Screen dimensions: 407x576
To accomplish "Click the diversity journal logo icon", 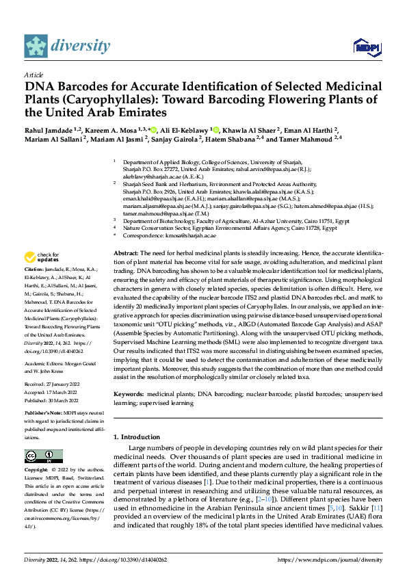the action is click(36, 46).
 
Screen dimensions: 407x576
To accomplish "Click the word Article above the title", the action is click(34, 75).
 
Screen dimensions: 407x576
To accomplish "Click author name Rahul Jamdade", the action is click(49, 129).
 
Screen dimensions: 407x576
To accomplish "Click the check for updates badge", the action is click(42, 257).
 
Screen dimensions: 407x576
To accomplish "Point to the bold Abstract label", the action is click(125, 252).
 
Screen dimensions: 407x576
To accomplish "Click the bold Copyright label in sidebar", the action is click(38, 470).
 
